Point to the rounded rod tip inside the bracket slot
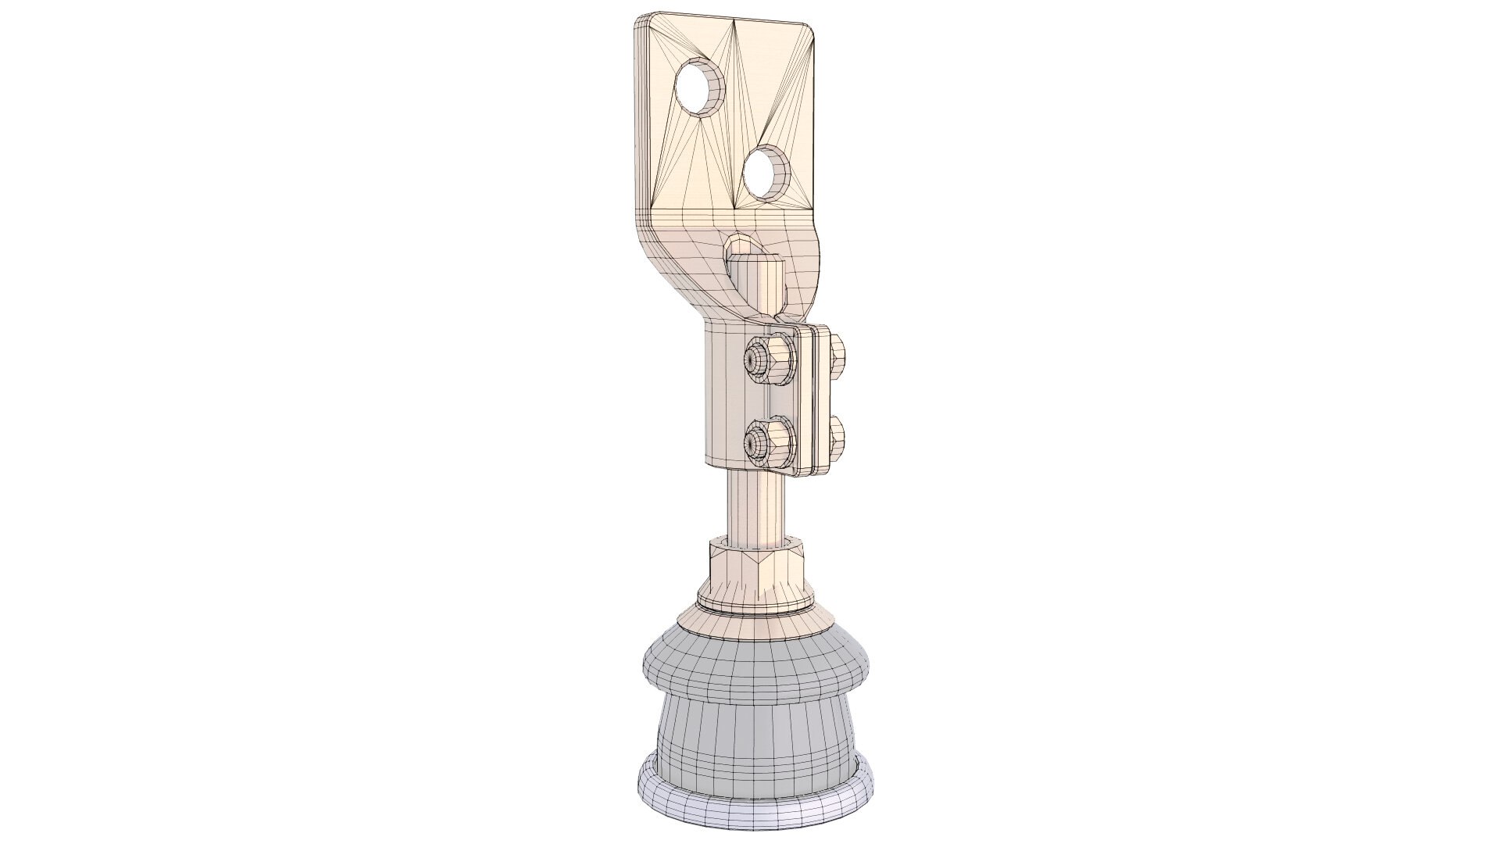tap(755, 257)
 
